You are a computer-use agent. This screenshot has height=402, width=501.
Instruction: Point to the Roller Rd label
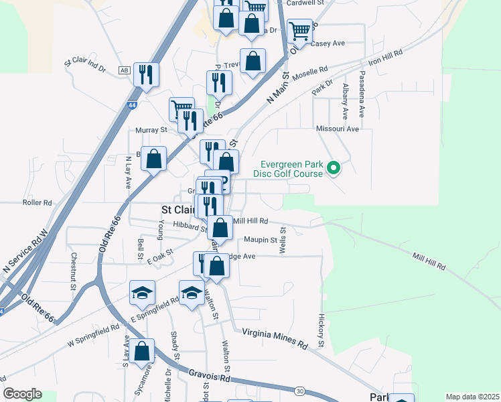[37, 202]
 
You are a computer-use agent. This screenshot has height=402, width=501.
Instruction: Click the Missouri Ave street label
[338, 128]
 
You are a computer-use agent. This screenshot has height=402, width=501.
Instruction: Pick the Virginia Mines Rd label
[275, 336]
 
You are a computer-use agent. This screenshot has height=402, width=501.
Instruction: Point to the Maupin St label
[261, 240]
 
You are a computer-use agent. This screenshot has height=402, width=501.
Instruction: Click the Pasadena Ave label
[362, 94]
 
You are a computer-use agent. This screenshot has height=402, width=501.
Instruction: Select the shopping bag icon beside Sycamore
[142, 350]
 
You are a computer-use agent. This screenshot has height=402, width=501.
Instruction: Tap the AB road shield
[123, 70]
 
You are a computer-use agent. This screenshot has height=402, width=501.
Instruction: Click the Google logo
[22, 394]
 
